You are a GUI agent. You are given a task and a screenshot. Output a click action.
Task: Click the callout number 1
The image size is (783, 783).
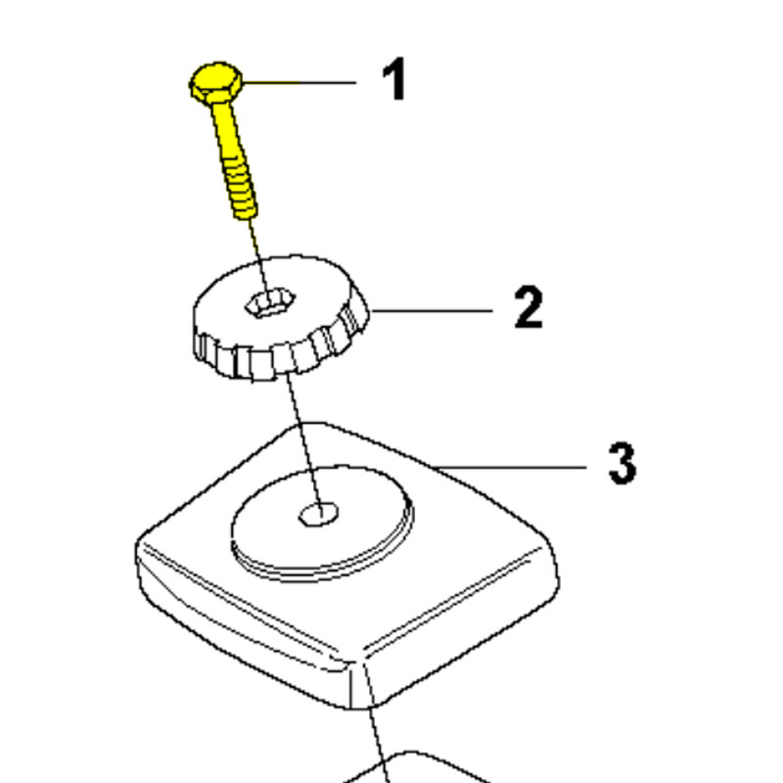tap(394, 79)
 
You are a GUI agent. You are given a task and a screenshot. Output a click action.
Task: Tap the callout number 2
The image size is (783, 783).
tap(529, 306)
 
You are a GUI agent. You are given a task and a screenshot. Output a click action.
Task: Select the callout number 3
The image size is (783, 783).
tap(622, 462)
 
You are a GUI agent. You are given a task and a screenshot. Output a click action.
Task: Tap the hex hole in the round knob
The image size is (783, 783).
tap(270, 303)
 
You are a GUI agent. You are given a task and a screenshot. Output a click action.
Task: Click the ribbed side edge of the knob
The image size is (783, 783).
tap(280, 353)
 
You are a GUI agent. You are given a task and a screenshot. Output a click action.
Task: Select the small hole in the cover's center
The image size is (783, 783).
tap(319, 514)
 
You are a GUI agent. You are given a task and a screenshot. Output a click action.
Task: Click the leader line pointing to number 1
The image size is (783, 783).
tap(299, 82)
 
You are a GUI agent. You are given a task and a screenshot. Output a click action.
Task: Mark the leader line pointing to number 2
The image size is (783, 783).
tap(433, 311)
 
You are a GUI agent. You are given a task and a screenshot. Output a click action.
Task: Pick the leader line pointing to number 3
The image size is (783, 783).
tap(509, 468)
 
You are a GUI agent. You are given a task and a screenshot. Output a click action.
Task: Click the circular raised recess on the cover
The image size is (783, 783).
tap(322, 524)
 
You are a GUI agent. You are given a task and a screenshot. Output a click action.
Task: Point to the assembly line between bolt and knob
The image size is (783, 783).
tap(258, 259)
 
